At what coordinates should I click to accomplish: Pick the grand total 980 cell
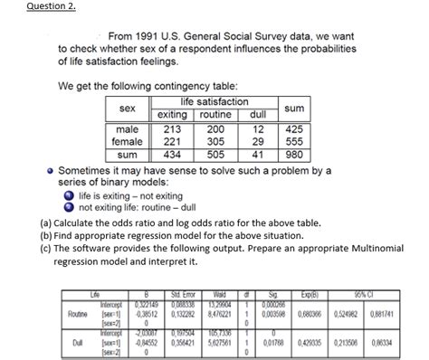293,155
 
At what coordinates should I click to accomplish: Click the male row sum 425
293,128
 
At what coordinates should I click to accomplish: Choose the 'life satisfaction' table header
214,102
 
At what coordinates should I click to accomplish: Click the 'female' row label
121,142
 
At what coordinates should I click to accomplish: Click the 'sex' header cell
121,109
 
